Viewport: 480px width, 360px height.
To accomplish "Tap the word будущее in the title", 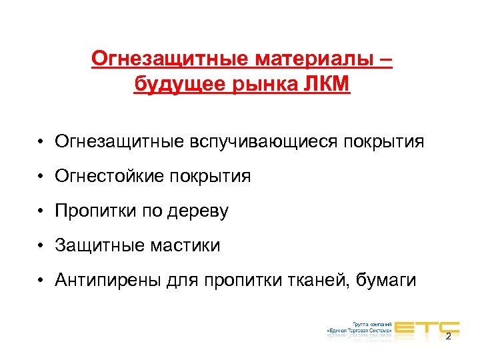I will point(174,85).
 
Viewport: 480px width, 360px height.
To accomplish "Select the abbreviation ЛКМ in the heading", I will point(325,85).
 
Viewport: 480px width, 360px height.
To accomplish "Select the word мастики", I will point(187,246).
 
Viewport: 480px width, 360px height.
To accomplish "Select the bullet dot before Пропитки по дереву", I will point(41,212).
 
